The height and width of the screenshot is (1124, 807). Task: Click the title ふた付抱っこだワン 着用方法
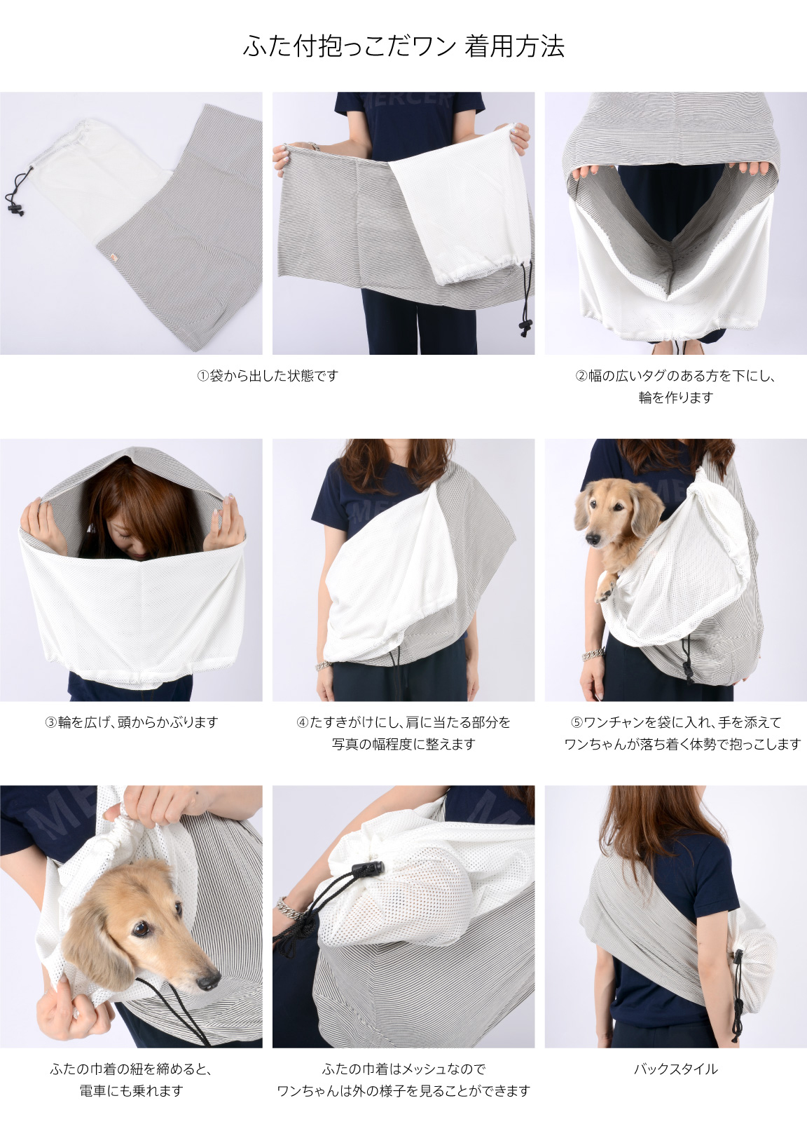pyautogui.click(x=403, y=47)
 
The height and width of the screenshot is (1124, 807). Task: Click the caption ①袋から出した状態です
pyautogui.click(x=268, y=376)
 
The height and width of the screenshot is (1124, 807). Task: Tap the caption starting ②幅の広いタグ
pyautogui.click(x=676, y=386)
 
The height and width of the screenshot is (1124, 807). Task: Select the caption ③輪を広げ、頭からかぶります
pyautogui.click(x=131, y=722)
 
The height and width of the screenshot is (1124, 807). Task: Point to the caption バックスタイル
pyautogui.click(x=676, y=1069)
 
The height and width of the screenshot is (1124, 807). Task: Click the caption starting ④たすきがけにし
pyautogui.click(x=403, y=733)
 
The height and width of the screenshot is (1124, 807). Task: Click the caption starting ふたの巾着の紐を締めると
pyautogui.click(x=131, y=1079)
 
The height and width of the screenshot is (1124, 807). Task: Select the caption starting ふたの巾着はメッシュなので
pyautogui.click(x=403, y=1079)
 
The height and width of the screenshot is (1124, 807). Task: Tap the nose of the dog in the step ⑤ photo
pyautogui.click(x=593, y=539)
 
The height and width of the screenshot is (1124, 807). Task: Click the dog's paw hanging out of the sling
pyautogui.click(x=603, y=590)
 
